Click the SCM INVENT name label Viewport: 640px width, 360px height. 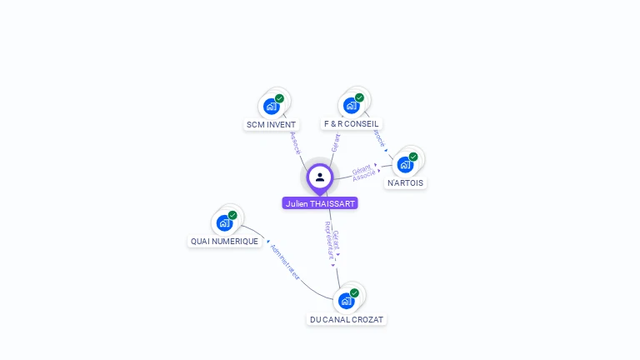click(271, 124)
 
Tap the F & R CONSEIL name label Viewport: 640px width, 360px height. click(351, 123)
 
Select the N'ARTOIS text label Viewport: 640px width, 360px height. click(406, 182)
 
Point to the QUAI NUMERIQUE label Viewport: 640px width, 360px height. click(224, 241)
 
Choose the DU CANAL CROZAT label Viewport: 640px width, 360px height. click(347, 319)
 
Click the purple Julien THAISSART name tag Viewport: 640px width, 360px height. click(320, 203)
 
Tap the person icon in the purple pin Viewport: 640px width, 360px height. click(320, 177)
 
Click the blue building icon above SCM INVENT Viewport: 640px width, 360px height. click(270, 107)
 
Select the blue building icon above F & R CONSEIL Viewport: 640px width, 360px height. click(350, 106)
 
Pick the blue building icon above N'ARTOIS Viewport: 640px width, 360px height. click(405, 165)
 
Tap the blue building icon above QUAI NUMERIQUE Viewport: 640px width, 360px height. click(223, 223)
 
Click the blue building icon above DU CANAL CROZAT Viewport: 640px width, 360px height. click(345, 301)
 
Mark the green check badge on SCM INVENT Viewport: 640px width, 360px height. click(279, 98)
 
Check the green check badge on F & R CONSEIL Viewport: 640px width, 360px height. click(359, 97)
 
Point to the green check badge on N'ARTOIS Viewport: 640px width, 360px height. click(413, 157)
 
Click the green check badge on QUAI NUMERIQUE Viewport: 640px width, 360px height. click(232, 215)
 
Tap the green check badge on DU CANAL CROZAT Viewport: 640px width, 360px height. click(354, 292)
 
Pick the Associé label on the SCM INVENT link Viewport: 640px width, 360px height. click(295, 142)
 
